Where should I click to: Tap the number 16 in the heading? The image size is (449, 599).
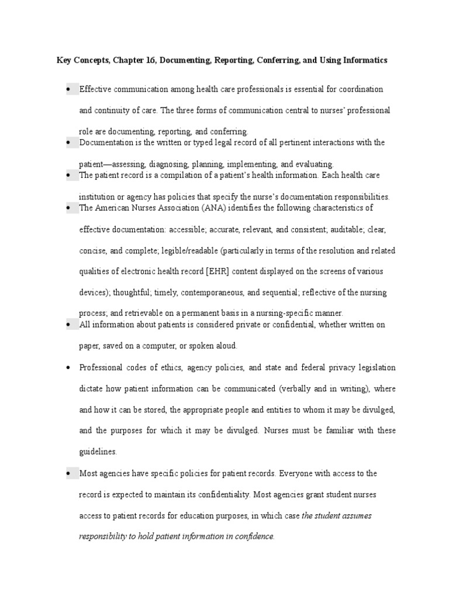(x=144, y=60)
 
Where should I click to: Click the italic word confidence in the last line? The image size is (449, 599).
(x=254, y=536)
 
